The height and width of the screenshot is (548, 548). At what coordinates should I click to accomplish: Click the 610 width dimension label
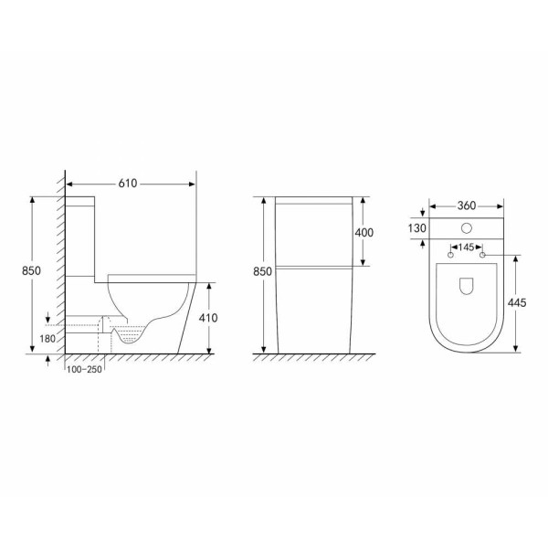[x=128, y=184]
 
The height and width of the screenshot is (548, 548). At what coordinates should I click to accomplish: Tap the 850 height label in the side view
[x=31, y=270]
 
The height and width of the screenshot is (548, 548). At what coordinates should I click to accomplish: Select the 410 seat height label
[x=208, y=318]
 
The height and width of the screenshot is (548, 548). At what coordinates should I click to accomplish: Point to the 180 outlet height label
[x=47, y=339]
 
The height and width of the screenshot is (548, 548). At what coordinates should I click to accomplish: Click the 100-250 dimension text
[x=84, y=369]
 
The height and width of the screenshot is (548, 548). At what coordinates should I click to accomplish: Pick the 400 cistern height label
[x=364, y=232]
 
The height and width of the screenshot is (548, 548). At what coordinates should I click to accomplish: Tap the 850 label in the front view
[x=262, y=271]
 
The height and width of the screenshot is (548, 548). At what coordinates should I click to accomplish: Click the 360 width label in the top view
[x=467, y=205]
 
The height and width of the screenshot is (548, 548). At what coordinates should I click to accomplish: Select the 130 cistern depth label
[x=417, y=228]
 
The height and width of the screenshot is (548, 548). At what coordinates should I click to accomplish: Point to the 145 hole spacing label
[x=466, y=248]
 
